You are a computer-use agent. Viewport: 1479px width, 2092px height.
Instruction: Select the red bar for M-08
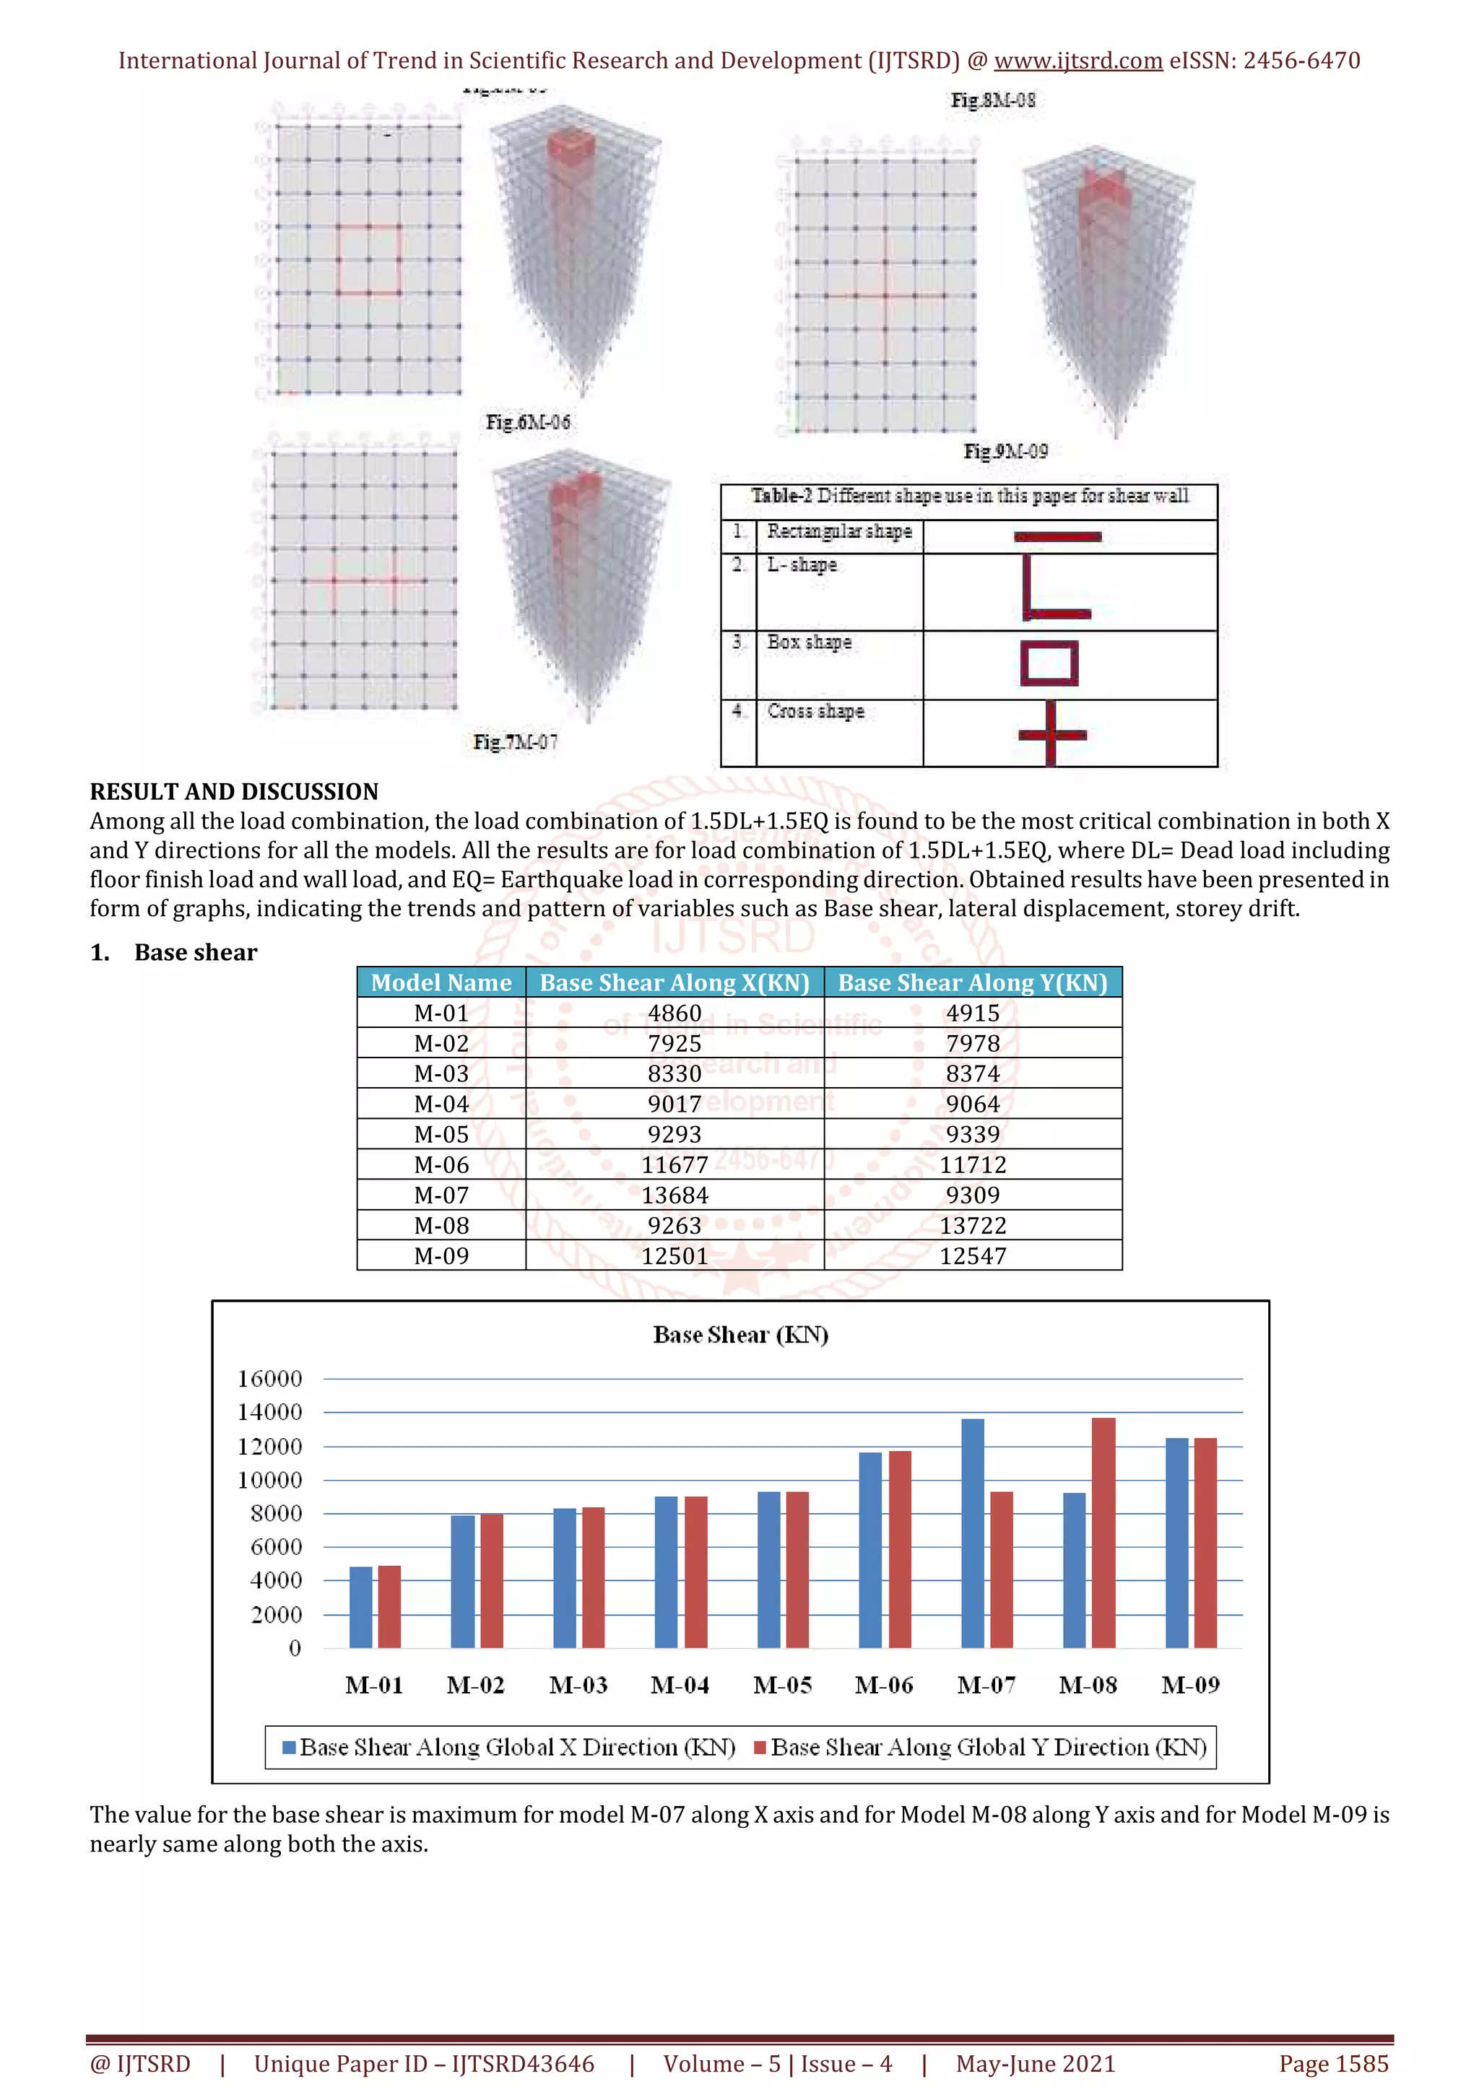pyautogui.click(x=1103, y=1533)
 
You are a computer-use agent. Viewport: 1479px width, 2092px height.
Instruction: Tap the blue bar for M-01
pyautogui.click(x=361, y=1608)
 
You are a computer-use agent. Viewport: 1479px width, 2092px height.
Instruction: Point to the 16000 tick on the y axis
pyautogui.click(x=270, y=1379)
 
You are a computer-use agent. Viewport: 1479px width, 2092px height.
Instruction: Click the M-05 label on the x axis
pyautogui.click(x=782, y=1686)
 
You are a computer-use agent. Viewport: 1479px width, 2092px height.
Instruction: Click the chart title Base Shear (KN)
pyautogui.click(x=740, y=1335)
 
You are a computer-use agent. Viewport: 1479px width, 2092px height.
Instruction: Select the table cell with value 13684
pyautogui.click(x=675, y=1195)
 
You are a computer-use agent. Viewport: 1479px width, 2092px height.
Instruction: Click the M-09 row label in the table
pyautogui.click(x=441, y=1257)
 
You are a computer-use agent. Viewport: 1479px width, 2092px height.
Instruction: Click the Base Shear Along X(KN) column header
pyautogui.click(x=675, y=982)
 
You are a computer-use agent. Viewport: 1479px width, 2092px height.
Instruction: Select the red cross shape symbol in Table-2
pyautogui.click(x=1051, y=733)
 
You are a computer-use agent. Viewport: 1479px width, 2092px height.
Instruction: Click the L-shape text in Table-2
pyautogui.click(x=801, y=565)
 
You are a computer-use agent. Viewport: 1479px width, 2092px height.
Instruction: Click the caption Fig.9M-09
pyautogui.click(x=1005, y=451)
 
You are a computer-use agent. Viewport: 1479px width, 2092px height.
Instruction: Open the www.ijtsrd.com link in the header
pyautogui.click(x=1077, y=61)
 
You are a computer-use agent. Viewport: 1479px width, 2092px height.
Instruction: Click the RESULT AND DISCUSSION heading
pyautogui.click(x=234, y=791)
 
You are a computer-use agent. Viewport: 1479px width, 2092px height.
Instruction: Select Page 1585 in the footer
pyautogui.click(x=1333, y=2064)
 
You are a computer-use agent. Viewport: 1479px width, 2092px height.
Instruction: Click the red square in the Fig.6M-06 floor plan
pyautogui.click(x=368, y=261)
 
